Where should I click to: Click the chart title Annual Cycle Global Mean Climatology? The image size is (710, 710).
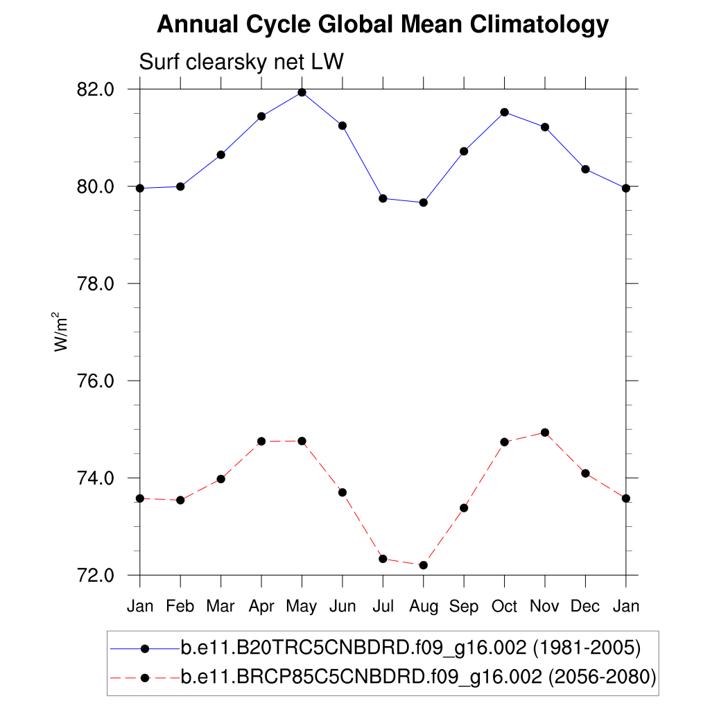click(383, 26)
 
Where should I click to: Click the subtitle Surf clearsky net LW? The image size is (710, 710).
click(242, 62)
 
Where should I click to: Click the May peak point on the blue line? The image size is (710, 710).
click(302, 92)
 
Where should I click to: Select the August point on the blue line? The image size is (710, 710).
click(424, 202)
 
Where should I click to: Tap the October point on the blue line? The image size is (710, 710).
click(505, 112)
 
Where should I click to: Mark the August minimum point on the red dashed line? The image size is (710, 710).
click(424, 565)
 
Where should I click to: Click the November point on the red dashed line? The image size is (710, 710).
click(545, 433)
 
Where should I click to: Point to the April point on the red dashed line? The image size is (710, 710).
click(261, 441)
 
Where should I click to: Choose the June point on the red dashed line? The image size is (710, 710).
click(343, 492)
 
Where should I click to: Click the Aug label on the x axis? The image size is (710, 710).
click(424, 607)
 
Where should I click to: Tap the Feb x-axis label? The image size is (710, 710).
click(180, 607)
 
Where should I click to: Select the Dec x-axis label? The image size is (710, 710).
click(585, 607)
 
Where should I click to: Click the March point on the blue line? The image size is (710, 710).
click(220, 155)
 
